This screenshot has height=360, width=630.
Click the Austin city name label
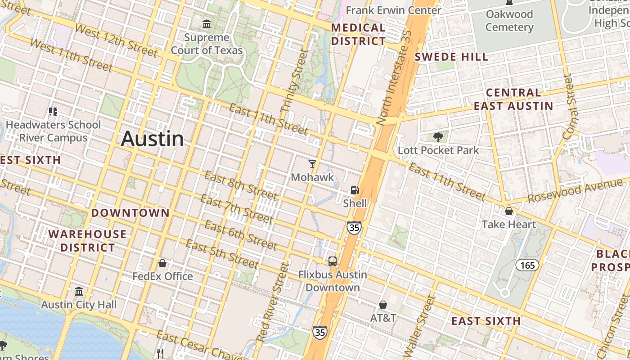coord(152,139)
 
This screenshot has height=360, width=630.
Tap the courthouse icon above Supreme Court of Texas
coord(207,24)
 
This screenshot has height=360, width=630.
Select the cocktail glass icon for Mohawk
coord(312,164)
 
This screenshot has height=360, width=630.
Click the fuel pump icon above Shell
coord(355,190)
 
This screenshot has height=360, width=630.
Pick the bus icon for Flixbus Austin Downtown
coord(333,261)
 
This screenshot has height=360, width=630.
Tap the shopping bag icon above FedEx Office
coord(162,263)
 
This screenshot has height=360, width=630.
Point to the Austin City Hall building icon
coord(79,292)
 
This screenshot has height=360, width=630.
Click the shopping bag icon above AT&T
coord(383,305)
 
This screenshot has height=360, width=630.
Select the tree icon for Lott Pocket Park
coord(438,137)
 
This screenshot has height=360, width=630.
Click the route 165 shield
coord(527,265)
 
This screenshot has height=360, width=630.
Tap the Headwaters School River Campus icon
coord(53,111)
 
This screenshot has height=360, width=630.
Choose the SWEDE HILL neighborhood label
coord(451,57)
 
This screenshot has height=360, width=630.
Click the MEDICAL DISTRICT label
coord(358,34)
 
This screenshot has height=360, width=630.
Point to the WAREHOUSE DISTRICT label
coord(87,241)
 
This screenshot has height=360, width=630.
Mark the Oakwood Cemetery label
coord(509,21)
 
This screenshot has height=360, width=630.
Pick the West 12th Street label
coord(116,40)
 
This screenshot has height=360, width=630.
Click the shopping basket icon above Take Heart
coord(509,211)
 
